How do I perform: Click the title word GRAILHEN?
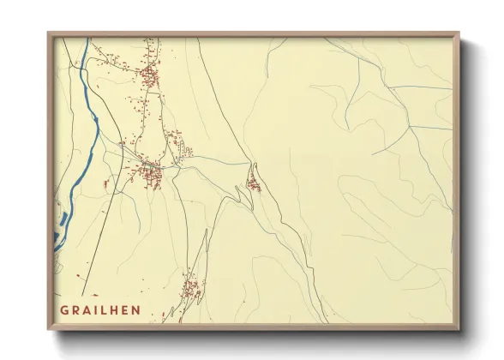pos(100,309)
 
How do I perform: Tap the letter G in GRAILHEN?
pos(64,309)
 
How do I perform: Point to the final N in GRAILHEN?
pos(137,309)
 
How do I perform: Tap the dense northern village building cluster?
pos(150,77)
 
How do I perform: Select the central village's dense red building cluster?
pos(153,175)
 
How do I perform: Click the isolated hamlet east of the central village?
pos(254,183)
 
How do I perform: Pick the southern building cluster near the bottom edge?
pos(190,285)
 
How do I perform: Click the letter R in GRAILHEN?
pos(75,309)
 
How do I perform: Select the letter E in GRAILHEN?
pos(126,309)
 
